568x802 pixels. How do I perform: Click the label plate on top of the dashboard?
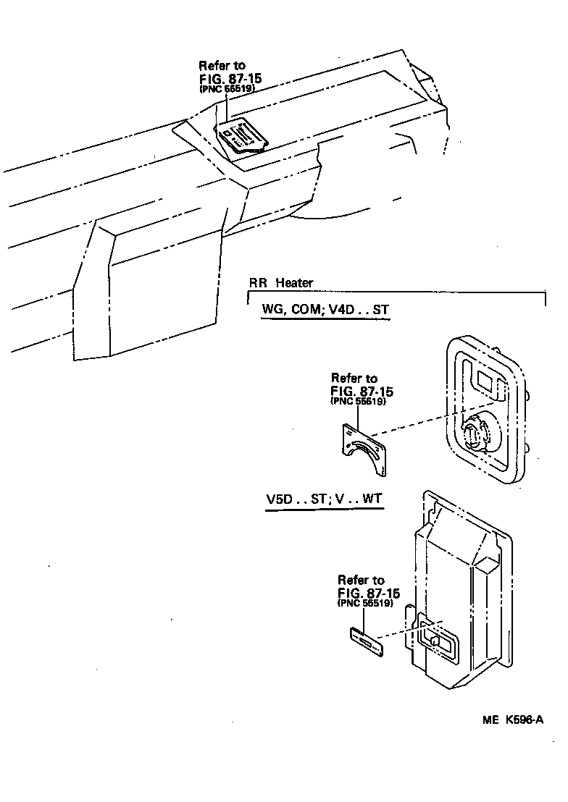(242, 135)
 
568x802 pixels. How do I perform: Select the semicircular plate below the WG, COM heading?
(364, 452)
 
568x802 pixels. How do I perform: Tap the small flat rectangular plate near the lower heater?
(367, 641)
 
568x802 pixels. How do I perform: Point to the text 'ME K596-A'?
(512, 721)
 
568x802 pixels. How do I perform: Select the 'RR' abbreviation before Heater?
(258, 284)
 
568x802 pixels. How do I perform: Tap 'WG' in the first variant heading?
(272, 311)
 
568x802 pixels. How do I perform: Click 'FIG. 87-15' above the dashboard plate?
(230, 77)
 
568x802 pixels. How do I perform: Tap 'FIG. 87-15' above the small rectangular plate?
(368, 593)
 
